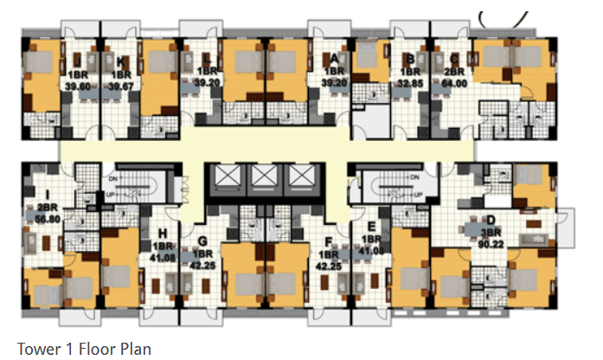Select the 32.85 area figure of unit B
(410, 84)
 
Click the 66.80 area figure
(43, 220)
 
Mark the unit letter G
(202, 240)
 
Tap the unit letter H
(162, 233)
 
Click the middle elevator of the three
(263, 177)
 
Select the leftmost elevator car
(223, 177)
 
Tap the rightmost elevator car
(303, 177)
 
